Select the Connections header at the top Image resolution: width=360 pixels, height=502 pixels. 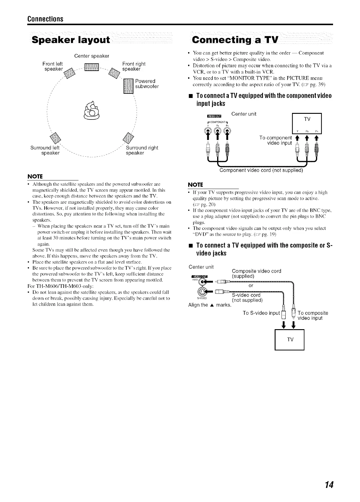click(45, 19)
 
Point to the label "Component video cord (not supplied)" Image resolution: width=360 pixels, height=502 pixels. click(261, 171)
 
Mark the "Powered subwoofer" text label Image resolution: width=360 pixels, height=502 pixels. click(147, 84)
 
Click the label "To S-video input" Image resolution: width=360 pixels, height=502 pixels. click(261, 313)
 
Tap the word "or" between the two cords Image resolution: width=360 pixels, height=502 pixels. click(251, 286)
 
